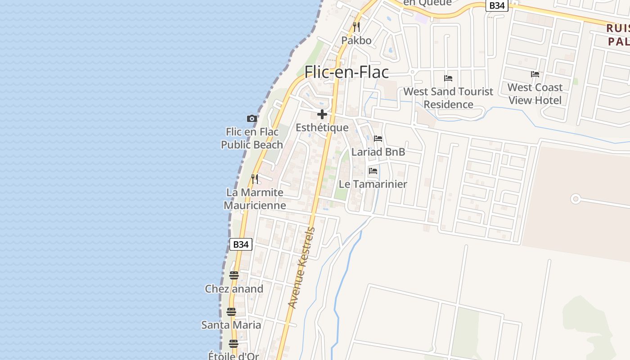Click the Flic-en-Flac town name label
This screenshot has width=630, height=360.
346,72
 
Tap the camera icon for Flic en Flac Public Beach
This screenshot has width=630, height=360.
252,119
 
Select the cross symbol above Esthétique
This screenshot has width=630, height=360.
322,114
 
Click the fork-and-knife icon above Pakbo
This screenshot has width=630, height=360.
356,27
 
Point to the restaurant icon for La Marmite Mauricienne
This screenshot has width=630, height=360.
255,179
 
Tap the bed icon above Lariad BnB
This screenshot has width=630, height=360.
378,139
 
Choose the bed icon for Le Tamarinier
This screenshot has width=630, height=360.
373,171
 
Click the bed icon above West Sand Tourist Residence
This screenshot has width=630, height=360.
448,78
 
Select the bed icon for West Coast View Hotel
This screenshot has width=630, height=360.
535,74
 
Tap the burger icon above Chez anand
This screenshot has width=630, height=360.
234,275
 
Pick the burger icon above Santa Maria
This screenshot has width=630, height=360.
231,311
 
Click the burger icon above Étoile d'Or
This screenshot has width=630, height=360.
233,344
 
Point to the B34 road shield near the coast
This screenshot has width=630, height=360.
241,244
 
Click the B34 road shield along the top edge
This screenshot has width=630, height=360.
497,5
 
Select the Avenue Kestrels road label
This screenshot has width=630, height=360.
302,268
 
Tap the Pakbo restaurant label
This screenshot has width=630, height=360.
356,40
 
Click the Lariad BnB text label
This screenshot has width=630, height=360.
378,152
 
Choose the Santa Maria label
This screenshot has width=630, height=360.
231,324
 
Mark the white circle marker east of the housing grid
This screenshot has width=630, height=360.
575,198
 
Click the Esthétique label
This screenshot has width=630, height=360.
322,127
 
